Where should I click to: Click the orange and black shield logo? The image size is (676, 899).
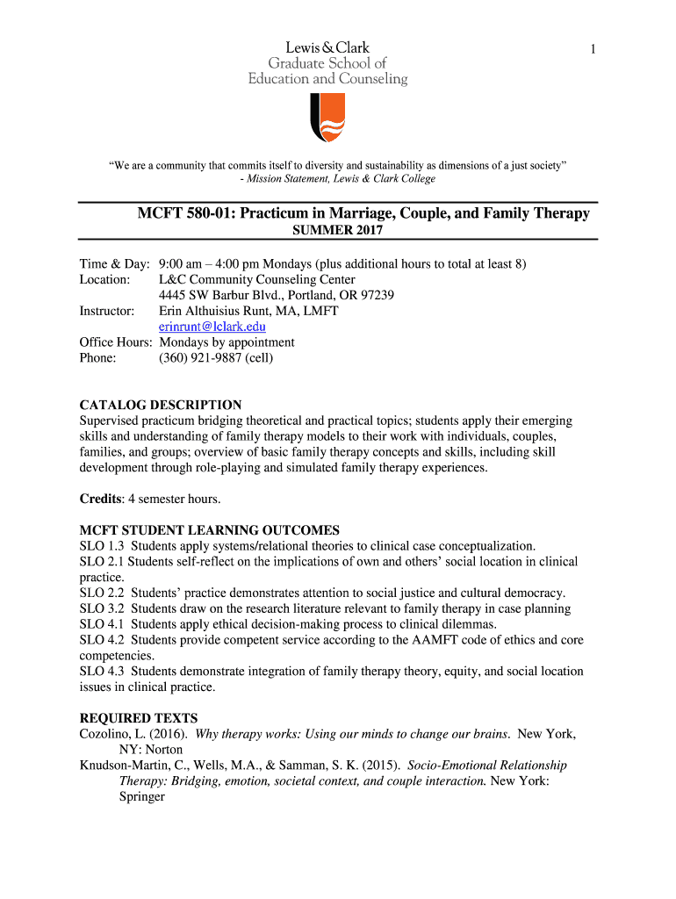(x=327, y=118)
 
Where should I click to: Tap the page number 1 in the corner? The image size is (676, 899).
(x=593, y=51)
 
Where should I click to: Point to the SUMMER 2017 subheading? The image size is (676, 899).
(x=337, y=232)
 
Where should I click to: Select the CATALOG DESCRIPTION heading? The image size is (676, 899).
(x=161, y=405)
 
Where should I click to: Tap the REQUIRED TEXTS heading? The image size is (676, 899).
(x=139, y=718)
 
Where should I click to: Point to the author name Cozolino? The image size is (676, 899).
(x=104, y=734)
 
